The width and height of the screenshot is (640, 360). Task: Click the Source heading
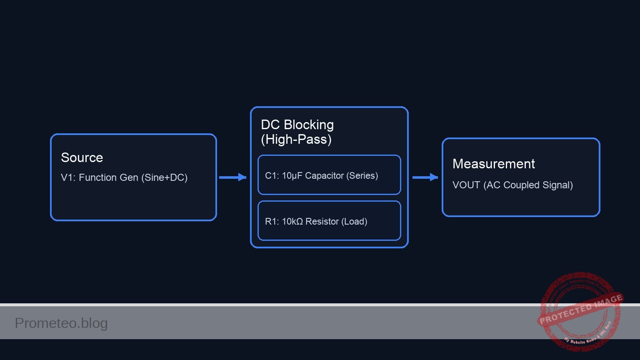[82, 157]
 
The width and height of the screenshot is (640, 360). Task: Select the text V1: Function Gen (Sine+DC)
[124, 177]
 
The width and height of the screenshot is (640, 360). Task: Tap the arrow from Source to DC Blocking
[232, 177]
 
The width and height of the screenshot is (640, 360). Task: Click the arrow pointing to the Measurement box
[425, 177]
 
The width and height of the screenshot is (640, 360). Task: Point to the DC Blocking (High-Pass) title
[297, 132]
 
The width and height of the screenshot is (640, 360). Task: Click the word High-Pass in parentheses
[296, 140]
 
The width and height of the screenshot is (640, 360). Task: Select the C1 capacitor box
[329, 175]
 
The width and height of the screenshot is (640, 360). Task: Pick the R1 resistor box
[329, 221]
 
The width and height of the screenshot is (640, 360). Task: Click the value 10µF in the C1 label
[292, 176]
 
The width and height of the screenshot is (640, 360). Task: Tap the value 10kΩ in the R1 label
[292, 222]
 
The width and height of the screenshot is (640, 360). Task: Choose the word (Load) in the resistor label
[354, 222]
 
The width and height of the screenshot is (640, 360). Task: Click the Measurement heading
[493, 164]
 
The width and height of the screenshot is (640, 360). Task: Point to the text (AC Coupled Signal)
[528, 185]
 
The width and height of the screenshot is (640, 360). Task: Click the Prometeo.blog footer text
[61, 323]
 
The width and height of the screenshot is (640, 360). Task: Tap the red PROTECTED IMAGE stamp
[580, 310]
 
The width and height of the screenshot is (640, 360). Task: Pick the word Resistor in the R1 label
[322, 222]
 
